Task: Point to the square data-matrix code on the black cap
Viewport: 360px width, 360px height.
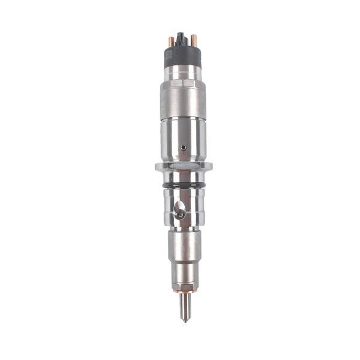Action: [x=169, y=55]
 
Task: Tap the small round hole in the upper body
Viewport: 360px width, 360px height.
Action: [x=182, y=146]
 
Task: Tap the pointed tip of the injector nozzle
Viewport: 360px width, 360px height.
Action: [x=184, y=320]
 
